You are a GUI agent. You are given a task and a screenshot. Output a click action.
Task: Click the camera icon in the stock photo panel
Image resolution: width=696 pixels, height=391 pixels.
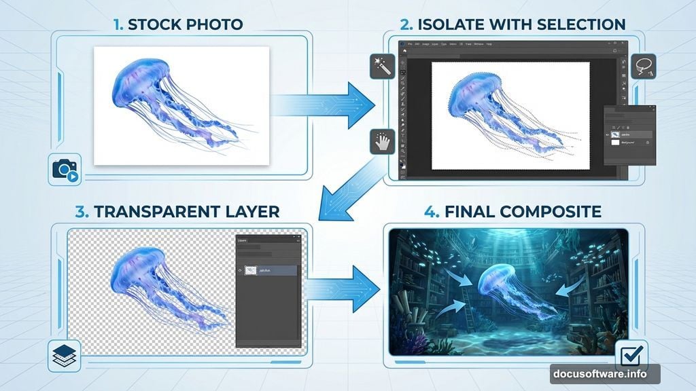pos(65,170)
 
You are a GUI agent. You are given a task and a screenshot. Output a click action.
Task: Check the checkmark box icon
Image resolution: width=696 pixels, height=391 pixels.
pos(631,355)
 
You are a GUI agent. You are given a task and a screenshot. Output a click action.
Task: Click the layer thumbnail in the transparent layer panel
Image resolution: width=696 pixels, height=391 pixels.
pos(253,270)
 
